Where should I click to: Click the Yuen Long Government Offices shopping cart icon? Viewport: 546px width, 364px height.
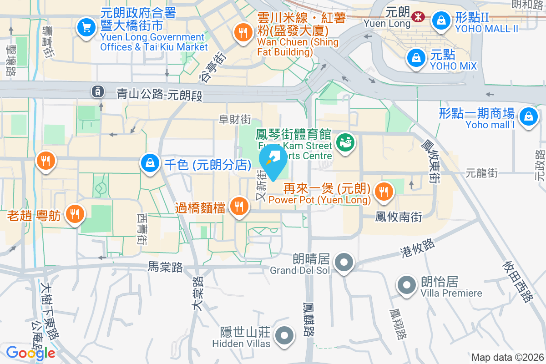(x=86, y=27)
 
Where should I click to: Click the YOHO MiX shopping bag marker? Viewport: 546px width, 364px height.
(x=416, y=57)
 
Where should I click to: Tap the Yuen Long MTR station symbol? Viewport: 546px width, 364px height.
(x=416, y=17)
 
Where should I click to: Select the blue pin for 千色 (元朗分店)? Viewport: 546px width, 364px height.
(x=150, y=162)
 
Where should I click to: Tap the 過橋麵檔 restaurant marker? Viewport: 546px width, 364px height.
(x=238, y=206)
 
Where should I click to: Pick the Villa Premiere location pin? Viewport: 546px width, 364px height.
(x=407, y=285)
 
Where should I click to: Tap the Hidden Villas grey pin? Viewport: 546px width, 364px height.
(x=285, y=336)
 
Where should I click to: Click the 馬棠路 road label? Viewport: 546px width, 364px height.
(x=165, y=268)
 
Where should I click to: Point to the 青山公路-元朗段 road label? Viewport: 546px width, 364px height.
(x=159, y=95)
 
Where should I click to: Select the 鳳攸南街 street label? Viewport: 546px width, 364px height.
(x=399, y=217)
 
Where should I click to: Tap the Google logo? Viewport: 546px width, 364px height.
(x=30, y=353)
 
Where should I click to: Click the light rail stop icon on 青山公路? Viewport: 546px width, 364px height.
(x=97, y=91)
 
